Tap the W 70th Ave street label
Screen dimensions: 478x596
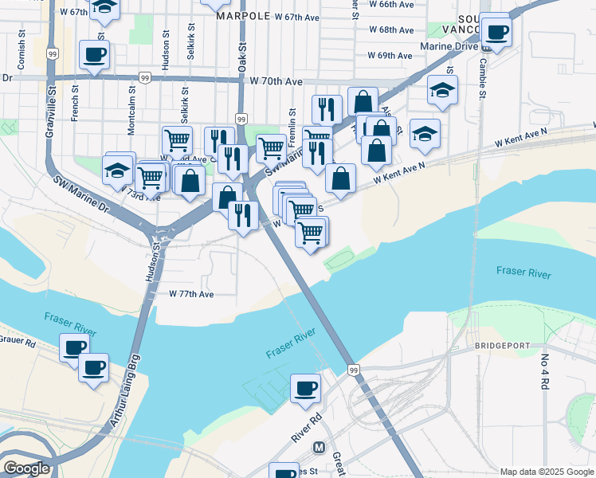coord(276,81)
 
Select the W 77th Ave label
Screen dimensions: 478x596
coord(191,294)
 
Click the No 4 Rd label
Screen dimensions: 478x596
coord(546,372)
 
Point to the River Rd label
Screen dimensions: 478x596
coord(305,427)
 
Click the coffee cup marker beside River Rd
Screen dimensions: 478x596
coord(306,389)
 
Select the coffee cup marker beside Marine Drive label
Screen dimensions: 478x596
coord(497,33)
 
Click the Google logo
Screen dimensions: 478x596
coord(26,468)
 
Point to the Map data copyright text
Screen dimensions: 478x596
coord(546,472)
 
